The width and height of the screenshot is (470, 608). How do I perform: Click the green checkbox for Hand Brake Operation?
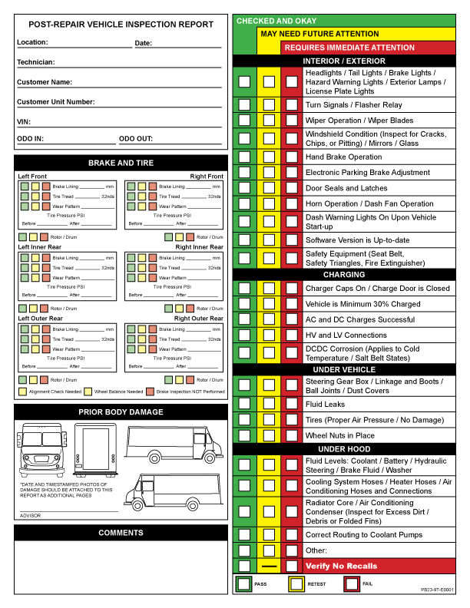click(245, 157)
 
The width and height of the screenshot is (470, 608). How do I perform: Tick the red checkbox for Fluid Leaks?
click(292, 405)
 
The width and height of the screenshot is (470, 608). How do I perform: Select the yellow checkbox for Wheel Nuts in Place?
click(269, 435)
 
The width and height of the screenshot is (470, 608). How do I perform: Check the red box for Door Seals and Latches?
click(292, 188)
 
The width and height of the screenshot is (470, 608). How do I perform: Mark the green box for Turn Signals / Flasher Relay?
click(245, 105)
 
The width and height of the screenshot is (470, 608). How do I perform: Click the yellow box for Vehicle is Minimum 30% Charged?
click(269, 304)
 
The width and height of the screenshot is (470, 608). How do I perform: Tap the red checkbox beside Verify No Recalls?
click(292, 566)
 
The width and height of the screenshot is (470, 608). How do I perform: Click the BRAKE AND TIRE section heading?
click(121, 163)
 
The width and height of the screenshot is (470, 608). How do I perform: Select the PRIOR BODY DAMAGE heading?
click(121, 412)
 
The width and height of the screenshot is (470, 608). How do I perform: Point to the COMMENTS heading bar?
click(121, 533)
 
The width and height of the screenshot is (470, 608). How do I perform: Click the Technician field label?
click(35, 62)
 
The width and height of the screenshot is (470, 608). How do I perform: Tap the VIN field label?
click(23, 121)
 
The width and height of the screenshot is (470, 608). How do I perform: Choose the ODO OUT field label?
click(137, 139)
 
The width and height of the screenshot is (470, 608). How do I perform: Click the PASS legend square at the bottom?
click(243, 584)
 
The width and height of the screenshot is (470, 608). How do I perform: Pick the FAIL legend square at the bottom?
click(352, 584)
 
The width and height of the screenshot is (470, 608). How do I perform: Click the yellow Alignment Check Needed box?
click(22, 392)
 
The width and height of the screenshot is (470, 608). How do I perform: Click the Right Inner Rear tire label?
click(199, 247)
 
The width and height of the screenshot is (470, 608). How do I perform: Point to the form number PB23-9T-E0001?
click(437, 590)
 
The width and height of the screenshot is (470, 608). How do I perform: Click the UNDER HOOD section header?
click(344, 448)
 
